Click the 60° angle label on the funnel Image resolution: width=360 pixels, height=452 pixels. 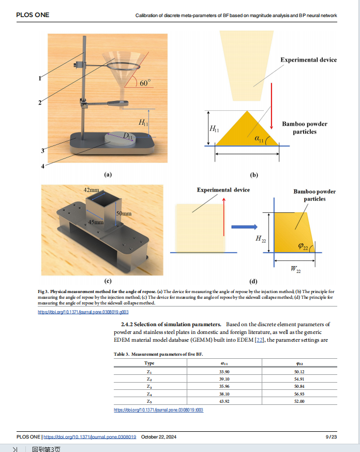pyautogui.click(x=145, y=82)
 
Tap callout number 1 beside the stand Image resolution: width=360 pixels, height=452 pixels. pyautogui.click(x=40, y=79)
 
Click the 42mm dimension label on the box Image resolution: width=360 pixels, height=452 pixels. pyautogui.click(x=92, y=190)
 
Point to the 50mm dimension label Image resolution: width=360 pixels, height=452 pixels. pyautogui.click(x=123, y=213)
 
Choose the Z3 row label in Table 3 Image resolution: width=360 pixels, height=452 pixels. pyautogui.click(x=149, y=386)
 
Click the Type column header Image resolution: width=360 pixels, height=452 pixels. pyautogui.click(x=149, y=363)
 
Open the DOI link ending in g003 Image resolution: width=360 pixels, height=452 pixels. pyautogui.click(x=83, y=312)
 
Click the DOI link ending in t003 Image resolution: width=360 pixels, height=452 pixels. pyautogui.click(x=158, y=410)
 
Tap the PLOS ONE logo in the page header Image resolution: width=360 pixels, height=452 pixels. pyautogui.click(x=33, y=15)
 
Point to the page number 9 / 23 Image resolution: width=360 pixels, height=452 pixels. pyautogui.click(x=331, y=437)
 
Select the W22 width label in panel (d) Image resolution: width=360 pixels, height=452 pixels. pyautogui.click(x=295, y=269)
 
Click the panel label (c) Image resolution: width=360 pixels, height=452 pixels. pyautogui.click(x=108, y=281)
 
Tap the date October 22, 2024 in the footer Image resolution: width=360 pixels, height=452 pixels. pyautogui.click(x=159, y=437)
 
